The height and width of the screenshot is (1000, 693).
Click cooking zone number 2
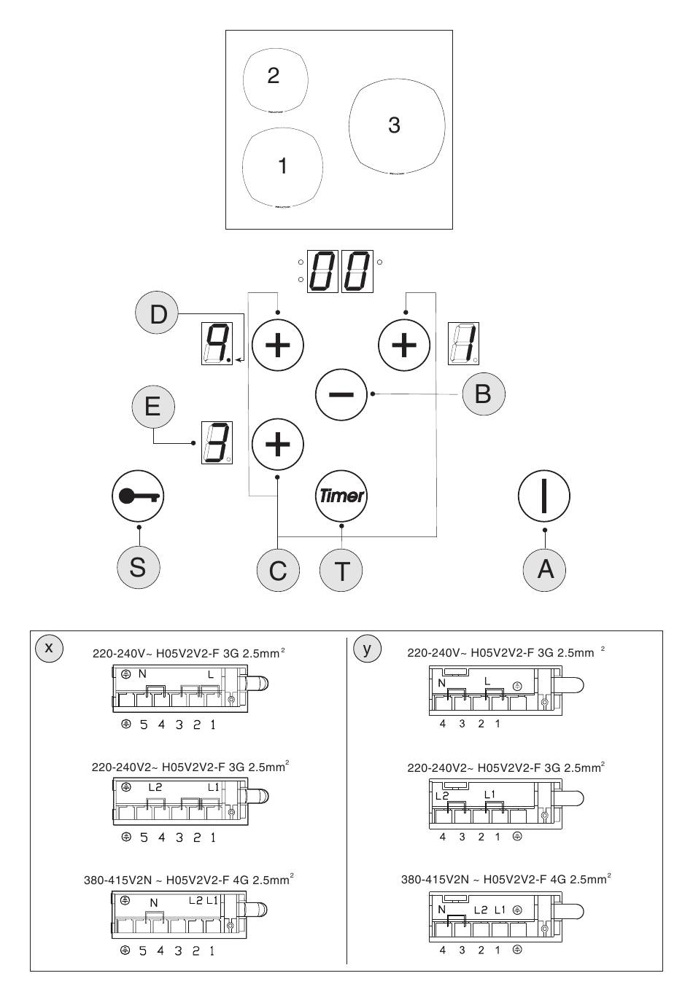point(274,79)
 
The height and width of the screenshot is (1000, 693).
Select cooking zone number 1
point(282,167)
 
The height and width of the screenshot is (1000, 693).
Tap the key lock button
point(137,496)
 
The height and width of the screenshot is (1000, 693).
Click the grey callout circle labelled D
point(158,314)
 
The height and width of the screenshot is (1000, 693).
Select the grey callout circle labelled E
point(152,405)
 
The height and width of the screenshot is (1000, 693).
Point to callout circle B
point(483,394)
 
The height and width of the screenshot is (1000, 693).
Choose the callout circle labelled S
point(137,567)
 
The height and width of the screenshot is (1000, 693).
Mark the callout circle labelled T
point(341,570)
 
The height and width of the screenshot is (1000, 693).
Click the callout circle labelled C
point(278,570)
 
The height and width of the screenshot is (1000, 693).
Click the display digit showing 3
point(217,443)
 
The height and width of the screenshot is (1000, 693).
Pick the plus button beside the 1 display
point(404,344)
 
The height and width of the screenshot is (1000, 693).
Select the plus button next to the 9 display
point(277,344)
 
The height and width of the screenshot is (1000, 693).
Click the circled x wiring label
point(49,647)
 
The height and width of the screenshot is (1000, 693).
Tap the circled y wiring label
point(367,647)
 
